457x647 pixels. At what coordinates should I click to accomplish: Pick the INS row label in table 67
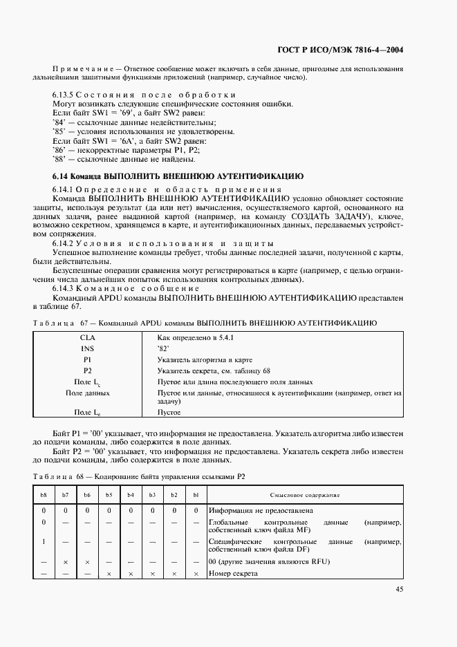[88, 349]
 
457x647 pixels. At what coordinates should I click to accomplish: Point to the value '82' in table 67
[164, 349]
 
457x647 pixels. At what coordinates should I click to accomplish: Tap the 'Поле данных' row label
[88, 393]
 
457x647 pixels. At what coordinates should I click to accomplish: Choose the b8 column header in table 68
[44, 496]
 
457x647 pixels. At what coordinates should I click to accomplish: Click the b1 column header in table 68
[196, 496]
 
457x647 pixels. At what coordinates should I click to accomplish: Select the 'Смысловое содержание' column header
[304, 496]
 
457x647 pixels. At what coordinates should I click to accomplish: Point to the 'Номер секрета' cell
[233, 574]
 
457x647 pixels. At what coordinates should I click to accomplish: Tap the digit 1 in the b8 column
[44, 542]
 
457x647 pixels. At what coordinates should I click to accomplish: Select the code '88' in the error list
[58, 158]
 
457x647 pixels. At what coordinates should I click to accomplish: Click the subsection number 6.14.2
[63, 243]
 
